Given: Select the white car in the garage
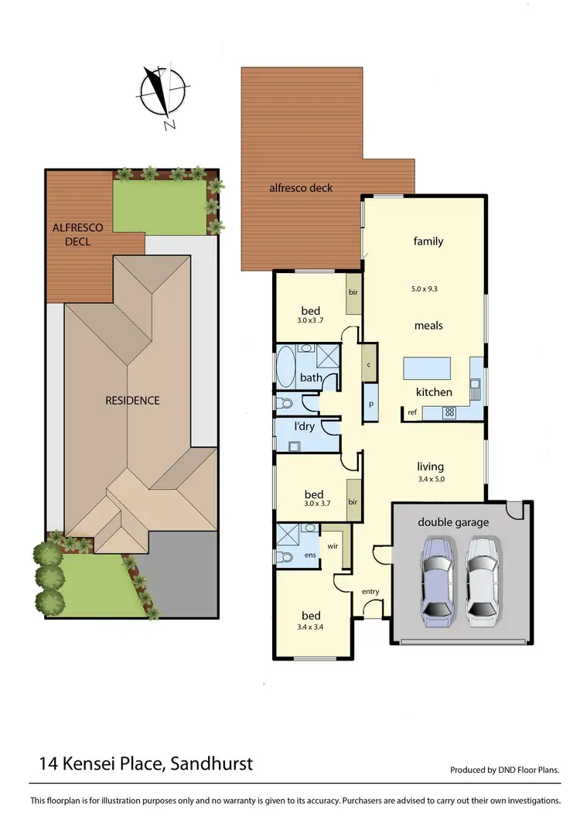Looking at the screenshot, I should click(482, 579).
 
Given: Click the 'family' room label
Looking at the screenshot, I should click(428, 241).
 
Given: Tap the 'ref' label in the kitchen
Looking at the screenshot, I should click(412, 412).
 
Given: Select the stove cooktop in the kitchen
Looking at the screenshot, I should click(448, 412).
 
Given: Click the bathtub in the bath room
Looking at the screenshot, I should click(285, 367).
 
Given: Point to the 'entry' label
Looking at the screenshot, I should click(370, 592).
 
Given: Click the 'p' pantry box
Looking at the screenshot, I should click(371, 405).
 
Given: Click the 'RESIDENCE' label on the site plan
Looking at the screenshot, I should click(132, 400).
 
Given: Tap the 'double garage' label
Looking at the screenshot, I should click(453, 522).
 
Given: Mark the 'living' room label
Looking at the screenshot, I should click(430, 466).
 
